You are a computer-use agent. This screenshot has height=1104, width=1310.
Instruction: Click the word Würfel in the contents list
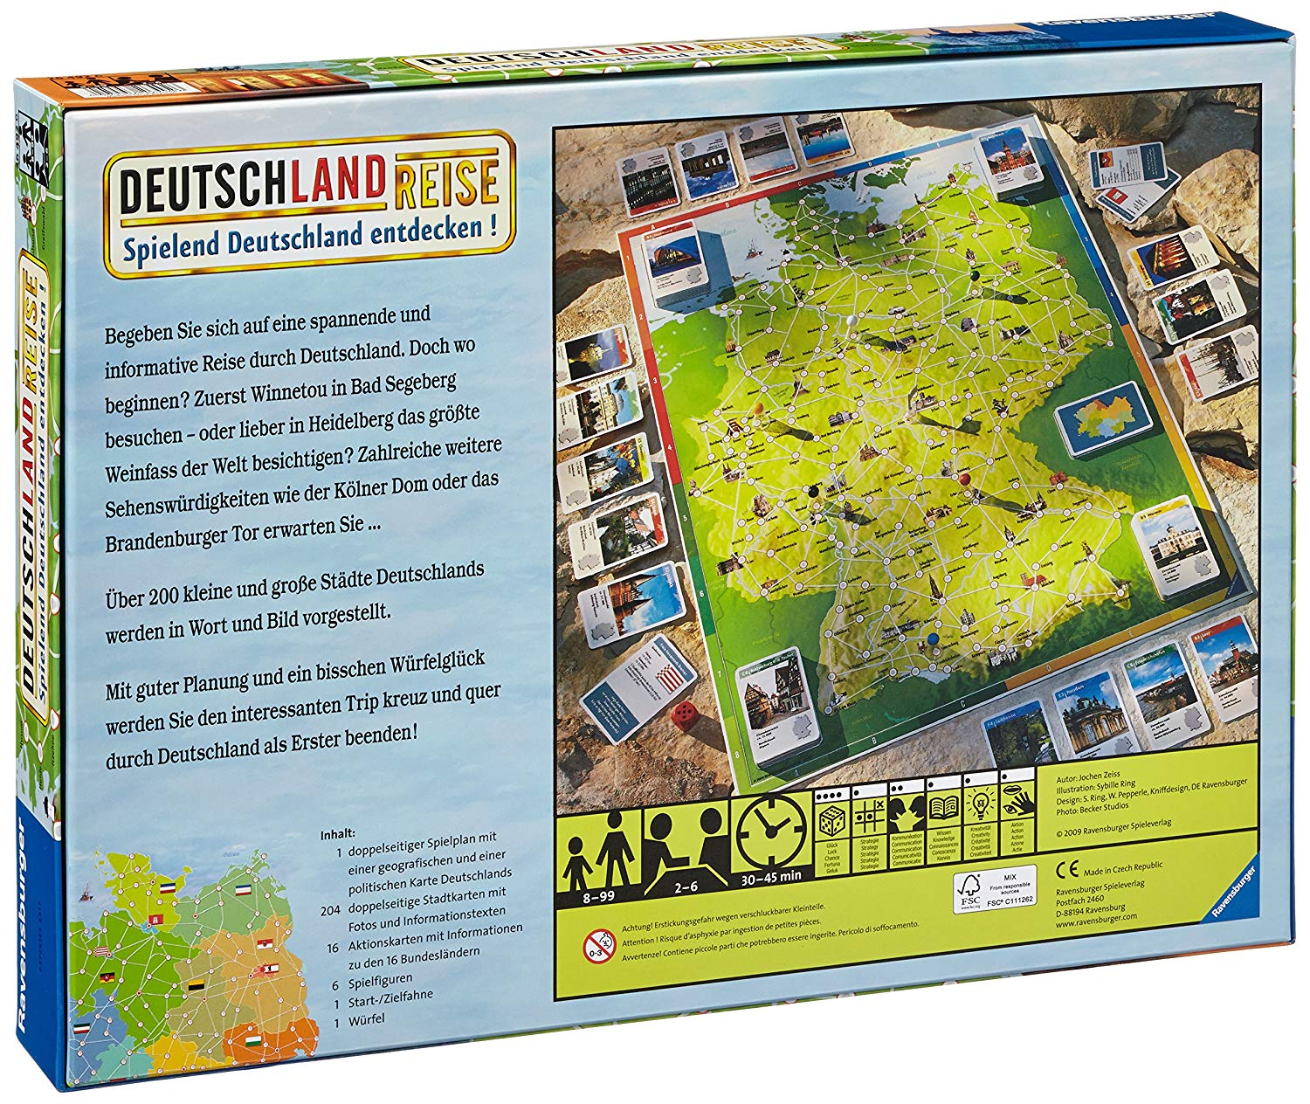pyautogui.click(x=366, y=1018)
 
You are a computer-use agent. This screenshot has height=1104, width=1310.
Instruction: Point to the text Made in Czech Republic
pyautogui.click(x=1122, y=867)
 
